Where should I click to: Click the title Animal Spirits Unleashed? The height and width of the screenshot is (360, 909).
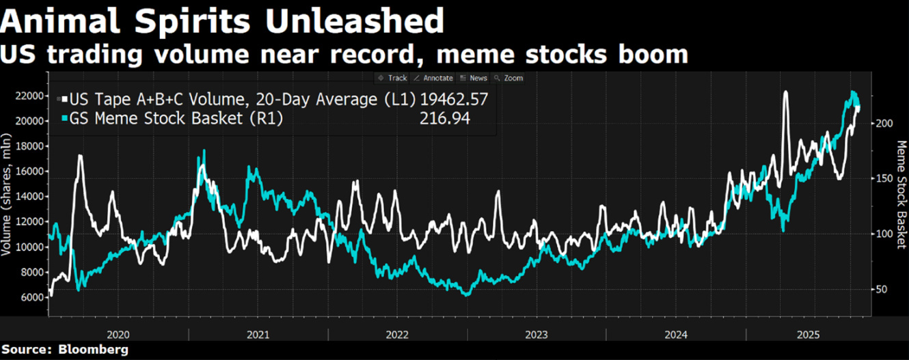[x=222, y=22]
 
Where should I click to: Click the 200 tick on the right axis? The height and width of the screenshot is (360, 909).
[x=884, y=123]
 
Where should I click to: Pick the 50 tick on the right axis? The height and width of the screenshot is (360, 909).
[x=881, y=290]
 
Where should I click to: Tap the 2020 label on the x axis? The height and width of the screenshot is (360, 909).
[x=118, y=335]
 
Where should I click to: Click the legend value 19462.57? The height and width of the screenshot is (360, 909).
[x=454, y=100]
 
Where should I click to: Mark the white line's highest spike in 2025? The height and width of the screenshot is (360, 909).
[x=786, y=92]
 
